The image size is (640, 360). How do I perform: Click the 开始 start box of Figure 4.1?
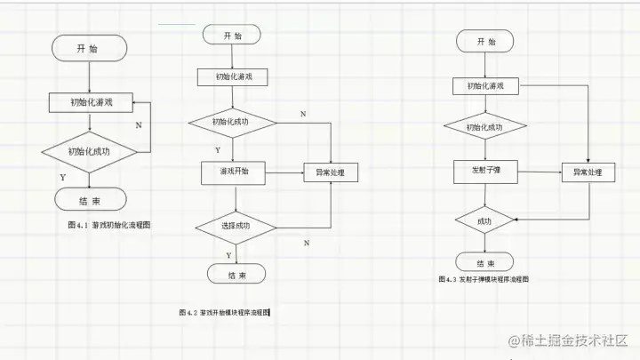[88, 49]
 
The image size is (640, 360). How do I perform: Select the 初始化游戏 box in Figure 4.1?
[91, 102]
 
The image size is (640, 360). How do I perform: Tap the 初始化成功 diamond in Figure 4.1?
[91, 151]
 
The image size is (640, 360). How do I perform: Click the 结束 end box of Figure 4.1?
[89, 199]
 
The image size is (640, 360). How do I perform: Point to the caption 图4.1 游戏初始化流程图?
[108, 226]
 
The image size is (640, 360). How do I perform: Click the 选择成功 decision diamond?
[235, 225]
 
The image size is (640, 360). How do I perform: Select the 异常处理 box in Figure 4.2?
[331, 172]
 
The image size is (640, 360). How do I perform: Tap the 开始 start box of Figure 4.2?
[233, 36]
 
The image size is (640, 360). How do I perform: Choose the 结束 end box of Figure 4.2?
[236, 275]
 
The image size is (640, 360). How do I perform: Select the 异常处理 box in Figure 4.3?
[588, 172]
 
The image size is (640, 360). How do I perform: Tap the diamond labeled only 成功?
[484, 220]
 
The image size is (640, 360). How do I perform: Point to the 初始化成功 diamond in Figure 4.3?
[484, 127]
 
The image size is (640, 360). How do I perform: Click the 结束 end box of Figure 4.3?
[485, 263]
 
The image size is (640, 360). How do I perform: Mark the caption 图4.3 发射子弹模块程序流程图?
[484, 279]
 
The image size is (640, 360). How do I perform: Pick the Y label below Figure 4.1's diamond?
[62, 178]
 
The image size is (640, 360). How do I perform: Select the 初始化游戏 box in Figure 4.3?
[484, 86]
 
